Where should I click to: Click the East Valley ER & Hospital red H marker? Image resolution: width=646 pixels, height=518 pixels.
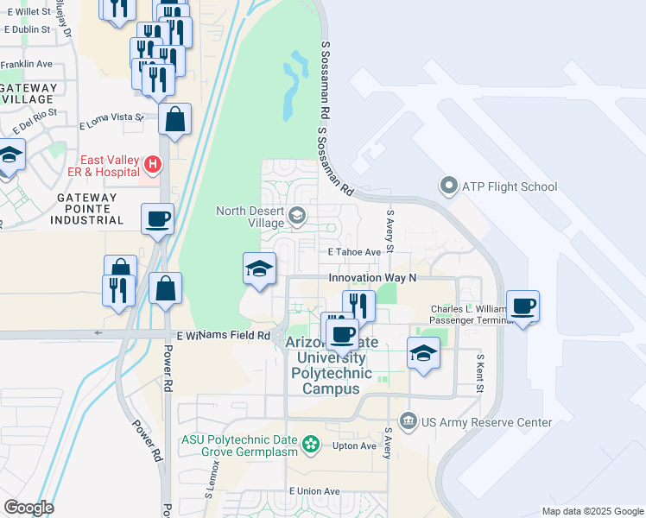point(152,163)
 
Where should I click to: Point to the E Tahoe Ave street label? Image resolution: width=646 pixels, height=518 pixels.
point(354,252)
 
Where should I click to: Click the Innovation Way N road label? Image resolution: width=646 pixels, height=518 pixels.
point(372,278)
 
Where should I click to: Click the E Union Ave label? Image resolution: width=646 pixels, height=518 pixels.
point(315,490)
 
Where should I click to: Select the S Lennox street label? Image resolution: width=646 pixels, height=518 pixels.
point(212,478)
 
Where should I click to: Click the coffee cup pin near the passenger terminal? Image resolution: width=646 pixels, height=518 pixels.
point(523,306)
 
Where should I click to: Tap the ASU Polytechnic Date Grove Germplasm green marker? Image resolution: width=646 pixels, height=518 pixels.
point(311,445)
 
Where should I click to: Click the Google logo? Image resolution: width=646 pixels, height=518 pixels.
point(28,508)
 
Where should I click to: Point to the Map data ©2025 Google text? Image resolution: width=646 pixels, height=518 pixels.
point(592,511)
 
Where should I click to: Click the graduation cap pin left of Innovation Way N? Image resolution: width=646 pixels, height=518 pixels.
point(259,268)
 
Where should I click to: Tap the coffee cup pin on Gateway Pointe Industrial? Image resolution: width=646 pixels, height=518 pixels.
point(158,219)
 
